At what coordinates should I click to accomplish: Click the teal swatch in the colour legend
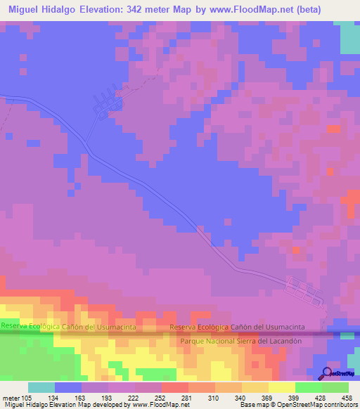pos(41,387)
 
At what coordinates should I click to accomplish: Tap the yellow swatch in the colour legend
pos(282,387)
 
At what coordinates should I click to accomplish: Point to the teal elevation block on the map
pos(349,37)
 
